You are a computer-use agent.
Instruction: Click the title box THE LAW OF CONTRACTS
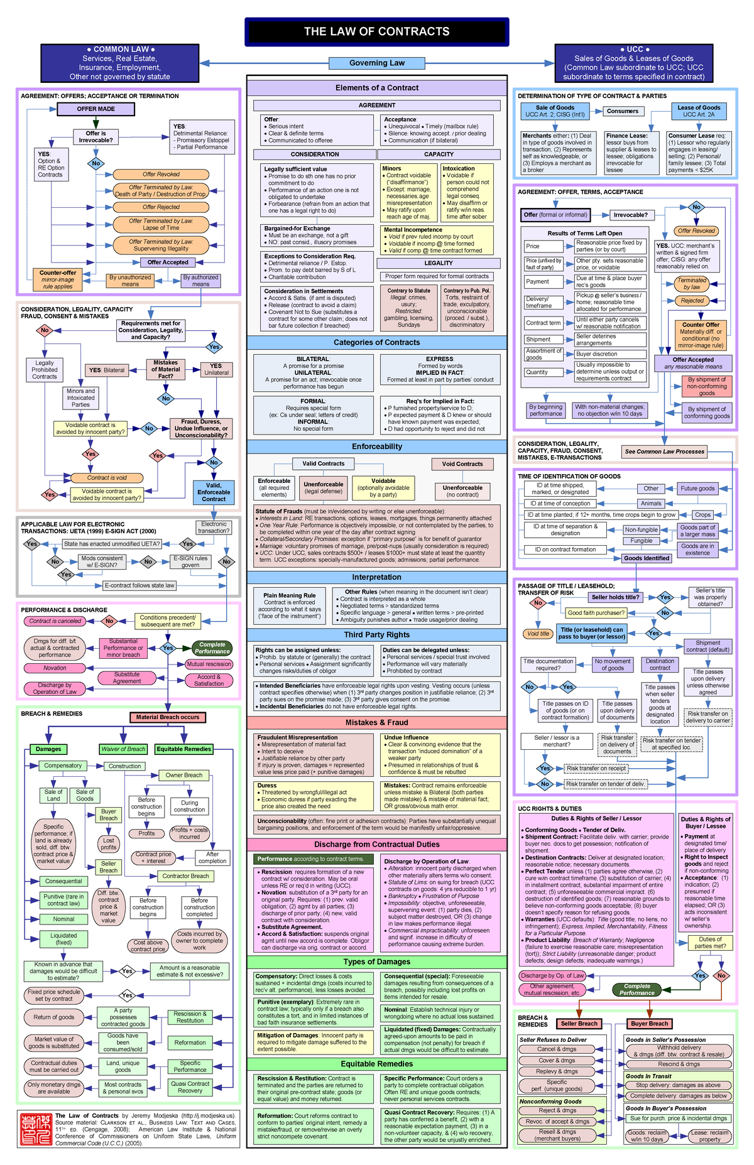[376, 31]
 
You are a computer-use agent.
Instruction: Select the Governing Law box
[376, 63]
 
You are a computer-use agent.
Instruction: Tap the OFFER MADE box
[96, 109]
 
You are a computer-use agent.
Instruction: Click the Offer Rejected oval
[161, 207]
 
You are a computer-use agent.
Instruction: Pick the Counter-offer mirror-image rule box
[58, 280]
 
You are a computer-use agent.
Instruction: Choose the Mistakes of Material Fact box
[165, 369]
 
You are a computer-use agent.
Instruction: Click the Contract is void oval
[107, 478]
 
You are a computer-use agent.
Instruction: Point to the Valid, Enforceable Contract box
[214, 492]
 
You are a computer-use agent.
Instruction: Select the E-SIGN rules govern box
[190, 561]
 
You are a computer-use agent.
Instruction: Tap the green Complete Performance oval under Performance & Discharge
[212, 648]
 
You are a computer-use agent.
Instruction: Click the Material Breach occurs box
[167, 717]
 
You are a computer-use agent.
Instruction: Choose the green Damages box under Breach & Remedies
[48, 749]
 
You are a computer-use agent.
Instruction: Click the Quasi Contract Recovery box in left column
[190, 1087]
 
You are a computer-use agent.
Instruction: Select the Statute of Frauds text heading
[278, 511]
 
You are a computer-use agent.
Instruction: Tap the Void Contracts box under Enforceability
[462, 464]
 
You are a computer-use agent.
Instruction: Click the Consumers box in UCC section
[622, 111]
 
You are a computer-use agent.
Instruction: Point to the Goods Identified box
[646, 558]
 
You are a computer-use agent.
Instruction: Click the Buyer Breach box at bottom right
[649, 1024]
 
